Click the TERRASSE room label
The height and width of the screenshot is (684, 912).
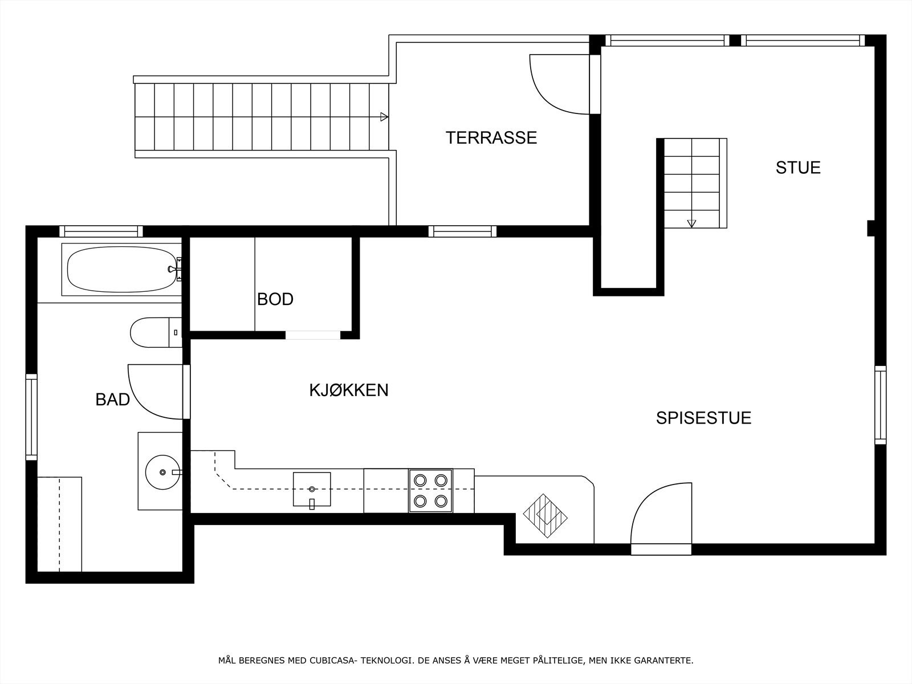click(x=491, y=138)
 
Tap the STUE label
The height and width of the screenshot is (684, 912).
click(x=797, y=168)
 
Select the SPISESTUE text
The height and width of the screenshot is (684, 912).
click(x=703, y=418)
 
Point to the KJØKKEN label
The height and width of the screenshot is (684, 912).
click(x=348, y=390)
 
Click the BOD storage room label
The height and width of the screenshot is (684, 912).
click(x=275, y=299)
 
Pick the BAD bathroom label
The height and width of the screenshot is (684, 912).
click(x=112, y=400)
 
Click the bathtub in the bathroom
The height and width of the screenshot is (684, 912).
click(x=121, y=270)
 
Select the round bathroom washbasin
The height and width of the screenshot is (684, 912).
click(x=162, y=472)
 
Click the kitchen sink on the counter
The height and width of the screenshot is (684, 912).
click(x=311, y=489)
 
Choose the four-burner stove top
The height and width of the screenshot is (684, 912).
click(x=430, y=491)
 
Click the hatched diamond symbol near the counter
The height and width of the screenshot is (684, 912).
click(x=545, y=516)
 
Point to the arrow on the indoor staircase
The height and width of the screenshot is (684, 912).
click(x=692, y=223)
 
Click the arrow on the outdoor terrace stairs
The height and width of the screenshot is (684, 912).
click(x=384, y=117)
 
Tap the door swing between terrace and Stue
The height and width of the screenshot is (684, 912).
click(x=556, y=85)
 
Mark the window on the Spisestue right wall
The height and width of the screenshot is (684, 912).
click(x=880, y=405)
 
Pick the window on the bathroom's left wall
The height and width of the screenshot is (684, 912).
click(x=31, y=417)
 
